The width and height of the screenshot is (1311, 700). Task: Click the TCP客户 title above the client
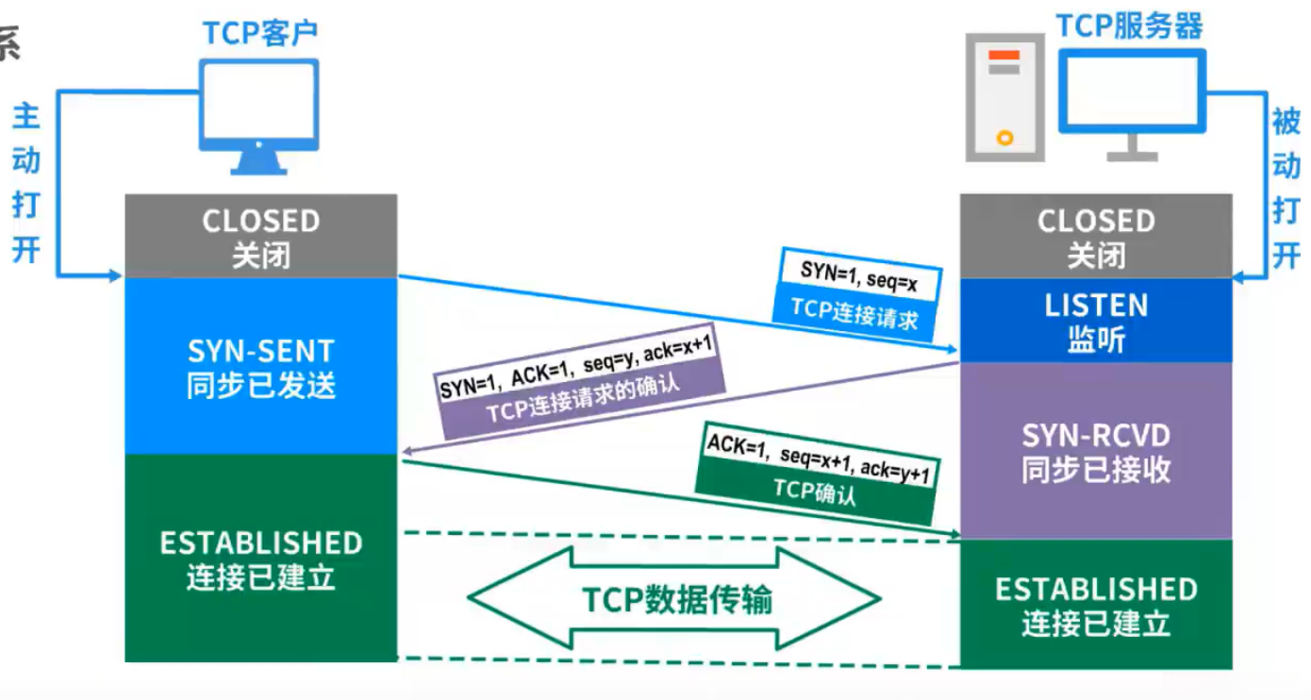(x=260, y=33)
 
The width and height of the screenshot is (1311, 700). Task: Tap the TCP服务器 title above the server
(x=1129, y=25)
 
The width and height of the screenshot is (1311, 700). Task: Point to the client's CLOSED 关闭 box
(x=261, y=237)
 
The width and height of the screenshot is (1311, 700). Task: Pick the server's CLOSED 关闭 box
(x=1096, y=237)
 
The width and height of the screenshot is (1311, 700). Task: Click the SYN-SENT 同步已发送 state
(x=261, y=367)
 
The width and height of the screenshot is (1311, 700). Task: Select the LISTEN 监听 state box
(x=1096, y=321)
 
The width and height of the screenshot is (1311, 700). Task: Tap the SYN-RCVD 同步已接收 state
(x=1096, y=451)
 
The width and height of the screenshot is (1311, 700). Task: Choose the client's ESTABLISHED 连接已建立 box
(x=261, y=558)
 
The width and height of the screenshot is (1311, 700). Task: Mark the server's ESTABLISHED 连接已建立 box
(x=1096, y=605)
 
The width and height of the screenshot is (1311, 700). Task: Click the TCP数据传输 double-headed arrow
(x=675, y=599)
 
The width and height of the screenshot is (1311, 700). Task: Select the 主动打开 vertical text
(x=25, y=183)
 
